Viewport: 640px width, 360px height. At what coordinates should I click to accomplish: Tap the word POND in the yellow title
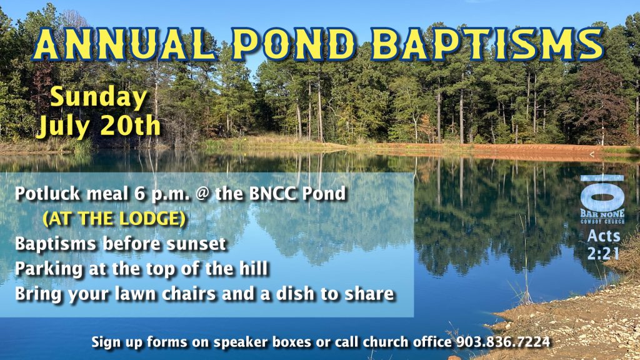[294, 44]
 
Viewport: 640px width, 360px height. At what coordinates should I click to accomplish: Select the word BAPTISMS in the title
[487, 44]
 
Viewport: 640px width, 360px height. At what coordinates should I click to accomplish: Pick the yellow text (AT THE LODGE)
[114, 219]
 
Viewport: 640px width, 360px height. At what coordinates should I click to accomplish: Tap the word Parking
[49, 269]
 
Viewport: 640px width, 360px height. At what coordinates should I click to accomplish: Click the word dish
[295, 294]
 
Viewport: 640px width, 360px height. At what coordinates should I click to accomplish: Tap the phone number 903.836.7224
[503, 342]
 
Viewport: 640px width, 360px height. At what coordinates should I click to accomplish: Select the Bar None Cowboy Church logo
[602, 199]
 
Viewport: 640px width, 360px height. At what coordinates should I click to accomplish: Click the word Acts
[604, 236]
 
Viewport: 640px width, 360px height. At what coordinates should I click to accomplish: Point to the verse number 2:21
[603, 254]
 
